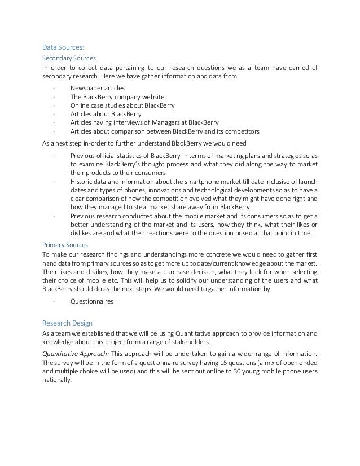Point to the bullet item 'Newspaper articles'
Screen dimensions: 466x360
(98, 88)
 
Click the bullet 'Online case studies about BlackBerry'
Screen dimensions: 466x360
(122, 105)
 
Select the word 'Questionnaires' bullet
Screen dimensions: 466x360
(92, 301)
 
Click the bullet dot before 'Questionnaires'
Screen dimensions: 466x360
(52, 301)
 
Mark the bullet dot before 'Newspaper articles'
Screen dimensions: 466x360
(52, 88)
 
